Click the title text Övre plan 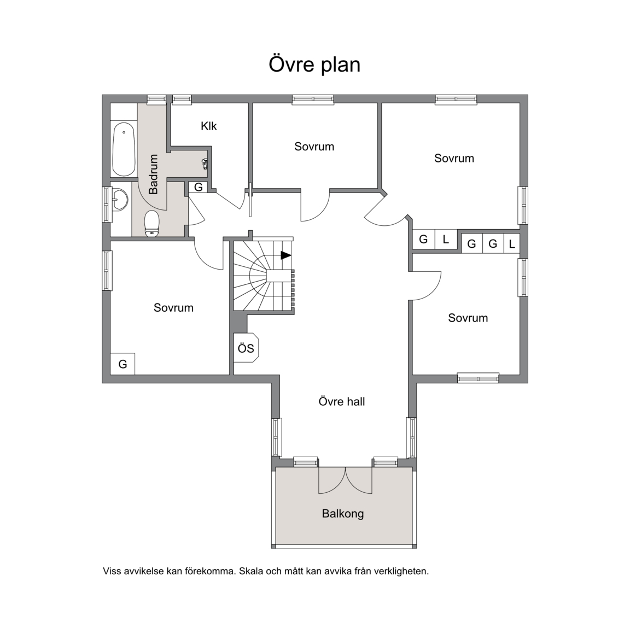coord(314,65)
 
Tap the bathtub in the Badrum coord(124,149)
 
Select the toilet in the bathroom coord(152,223)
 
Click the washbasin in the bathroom coord(120,199)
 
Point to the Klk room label coord(209,126)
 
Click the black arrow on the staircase coord(286,255)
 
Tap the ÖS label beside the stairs coord(246,348)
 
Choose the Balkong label coord(343,514)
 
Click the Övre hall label coord(342,402)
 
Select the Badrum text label coord(154,174)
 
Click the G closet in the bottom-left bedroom coord(122,364)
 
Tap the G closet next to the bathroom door coord(199,187)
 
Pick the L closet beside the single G coord(446,240)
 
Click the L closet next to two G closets coord(511,243)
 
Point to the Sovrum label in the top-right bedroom coord(454,158)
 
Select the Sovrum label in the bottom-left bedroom coord(173,308)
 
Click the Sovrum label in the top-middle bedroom coord(314,147)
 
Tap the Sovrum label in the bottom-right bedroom coord(468,318)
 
